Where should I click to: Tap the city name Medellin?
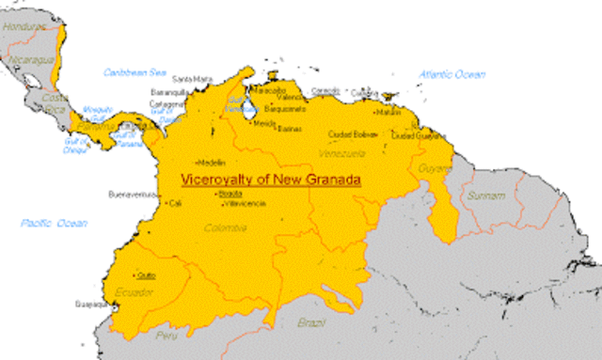coord(212,162)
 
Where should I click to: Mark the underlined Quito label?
coord(146,275)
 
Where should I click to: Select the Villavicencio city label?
coord(246,203)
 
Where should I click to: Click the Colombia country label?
coord(226,227)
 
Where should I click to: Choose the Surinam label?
coord(484,196)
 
